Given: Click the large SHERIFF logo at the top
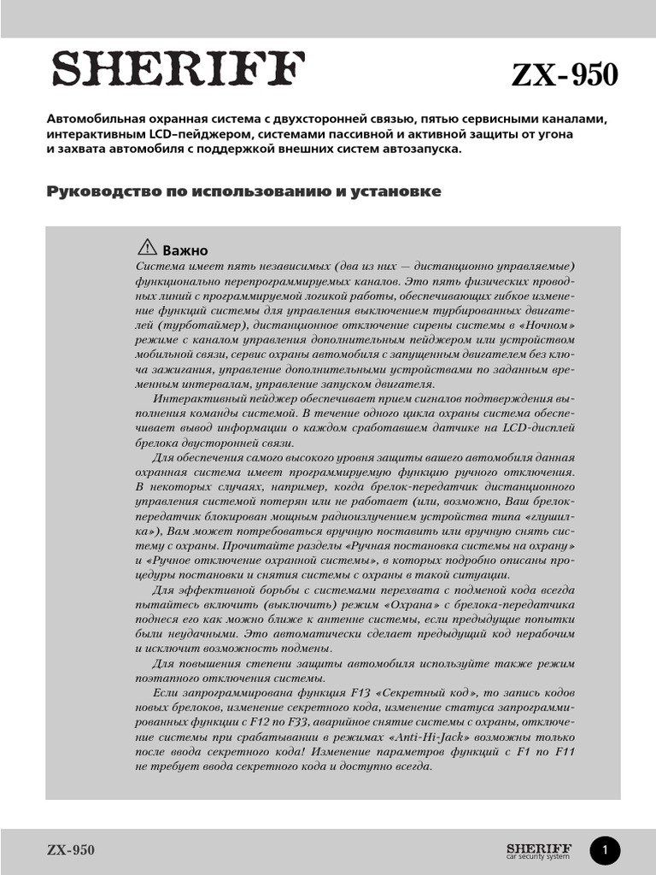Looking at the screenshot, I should (x=179, y=70).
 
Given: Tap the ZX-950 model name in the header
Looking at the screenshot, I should (x=564, y=75).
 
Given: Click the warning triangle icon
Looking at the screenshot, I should (x=146, y=248).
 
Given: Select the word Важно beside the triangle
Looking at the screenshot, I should (x=185, y=250).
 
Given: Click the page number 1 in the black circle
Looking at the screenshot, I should (x=605, y=850).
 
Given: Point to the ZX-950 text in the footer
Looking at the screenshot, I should (x=71, y=850).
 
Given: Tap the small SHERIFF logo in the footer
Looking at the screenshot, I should (x=538, y=847).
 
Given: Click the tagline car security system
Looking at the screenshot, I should (x=538, y=856).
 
